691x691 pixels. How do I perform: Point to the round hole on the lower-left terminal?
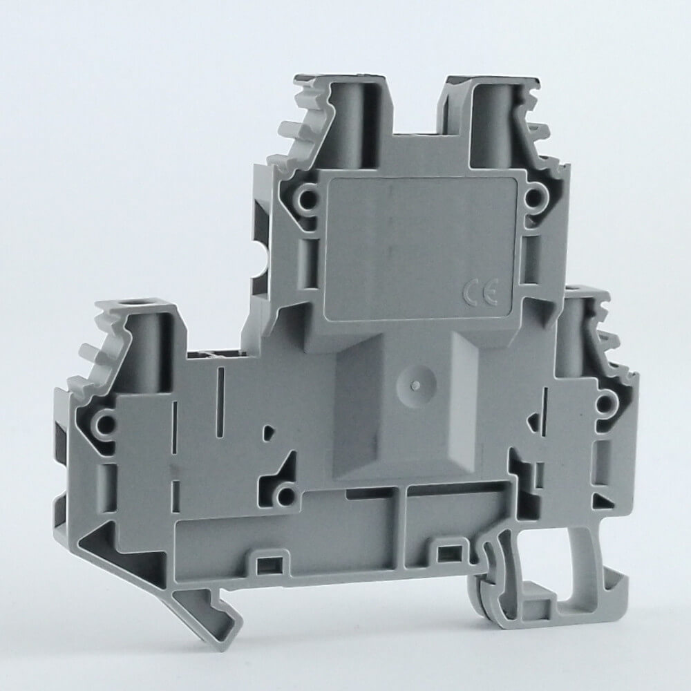[x=104, y=425]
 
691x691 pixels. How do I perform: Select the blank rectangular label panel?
[x=420, y=249]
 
